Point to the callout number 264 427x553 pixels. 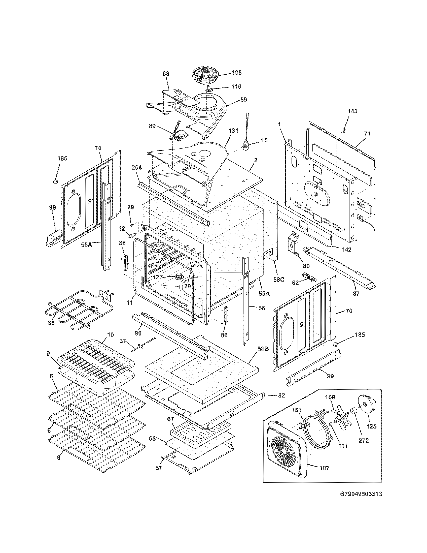(x=137, y=167)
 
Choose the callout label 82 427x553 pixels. (x=281, y=395)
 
